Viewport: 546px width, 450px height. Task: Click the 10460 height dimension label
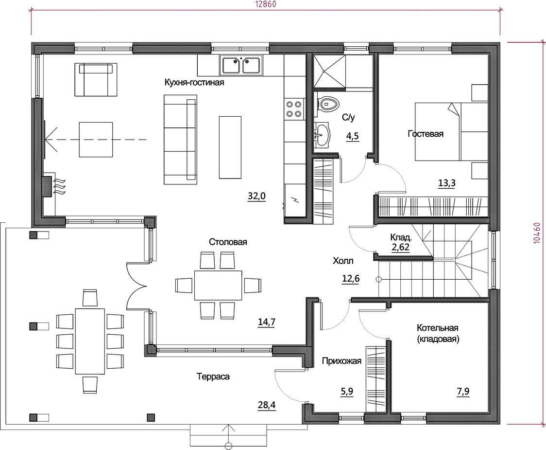(x=537, y=233)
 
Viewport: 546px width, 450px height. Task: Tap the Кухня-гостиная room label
(x=194, y=83)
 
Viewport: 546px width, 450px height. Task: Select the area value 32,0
(x=256, y=196)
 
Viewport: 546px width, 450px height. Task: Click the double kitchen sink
(x=241, y=65)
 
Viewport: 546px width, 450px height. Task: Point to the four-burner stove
(x=293, y=108)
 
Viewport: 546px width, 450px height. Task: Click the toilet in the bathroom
(x=328, y=104)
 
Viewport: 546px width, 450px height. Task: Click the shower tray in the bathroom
(x=330, y=71)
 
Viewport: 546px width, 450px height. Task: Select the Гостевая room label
(x=426, y=134)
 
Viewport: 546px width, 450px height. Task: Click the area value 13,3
(x=447, y=183)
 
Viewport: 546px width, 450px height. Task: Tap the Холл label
(x=343, y=261)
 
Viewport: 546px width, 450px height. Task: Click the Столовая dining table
(x=218, y=285)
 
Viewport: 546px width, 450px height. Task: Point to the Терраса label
(x=213, y=377)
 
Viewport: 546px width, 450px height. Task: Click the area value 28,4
(x=267, y=405)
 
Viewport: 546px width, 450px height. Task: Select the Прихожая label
(x=341, y=361)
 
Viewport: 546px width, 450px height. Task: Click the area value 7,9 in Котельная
(x=463, y=392)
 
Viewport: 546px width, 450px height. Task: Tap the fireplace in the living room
(x=47, y=187)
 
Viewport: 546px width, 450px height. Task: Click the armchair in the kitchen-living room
(x=96, y=79)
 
